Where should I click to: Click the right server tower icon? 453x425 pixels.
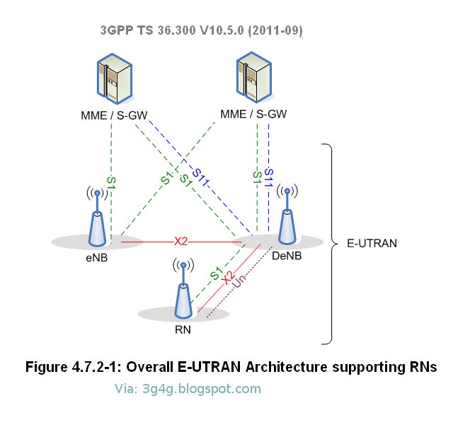(x=253, y=78)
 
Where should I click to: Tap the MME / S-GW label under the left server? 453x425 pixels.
(x=113, y=114)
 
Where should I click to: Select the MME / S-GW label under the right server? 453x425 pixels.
(x=253, y=114)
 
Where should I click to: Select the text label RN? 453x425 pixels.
(x=183, y=329)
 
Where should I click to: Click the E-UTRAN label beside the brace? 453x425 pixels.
(x=371, y=243)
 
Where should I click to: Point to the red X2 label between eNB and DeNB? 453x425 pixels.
(x=181, y=241)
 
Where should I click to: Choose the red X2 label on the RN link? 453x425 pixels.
(x=228, y=278)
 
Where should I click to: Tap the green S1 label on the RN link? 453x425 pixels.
(x=216, y=270)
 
